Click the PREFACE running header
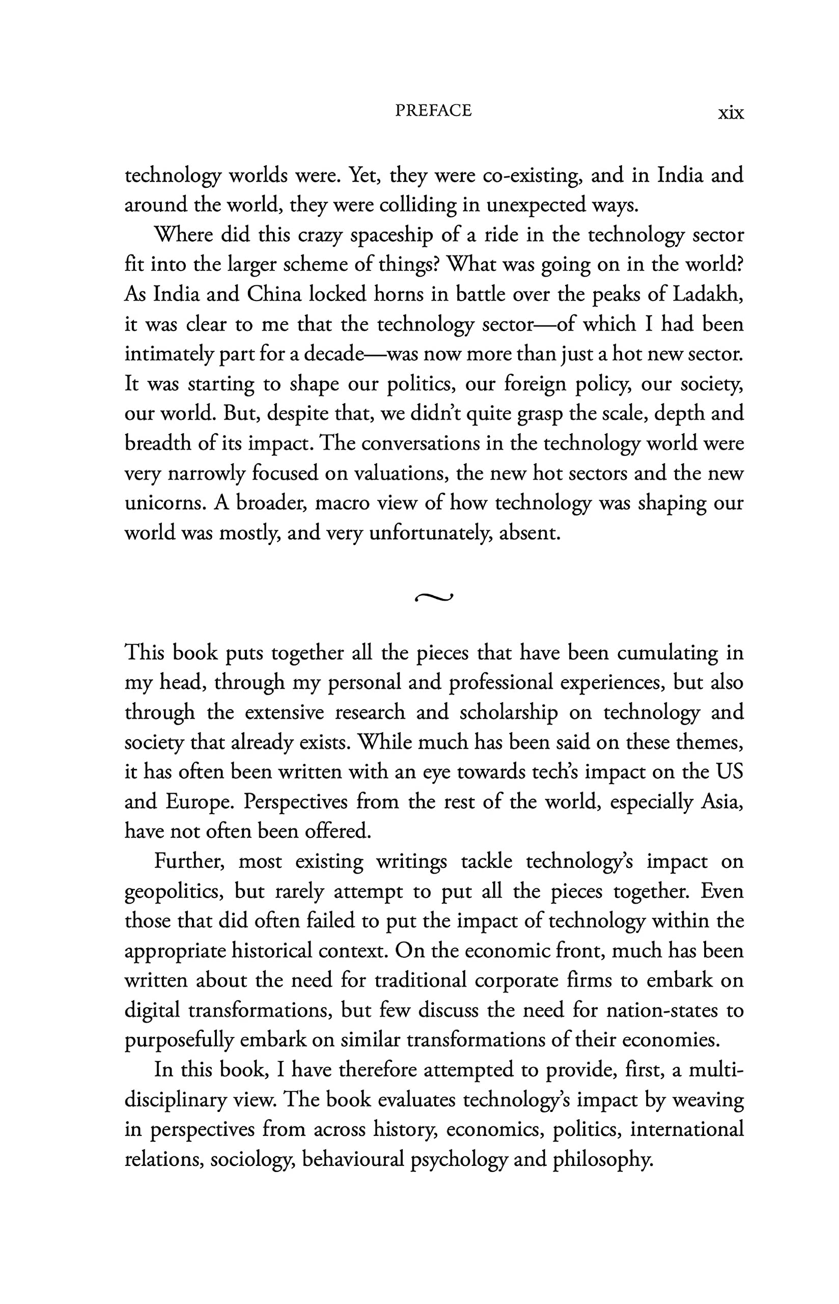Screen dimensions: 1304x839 [433, 111]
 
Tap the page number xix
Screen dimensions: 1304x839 [730, 113]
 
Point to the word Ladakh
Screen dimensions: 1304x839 [708, 294]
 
